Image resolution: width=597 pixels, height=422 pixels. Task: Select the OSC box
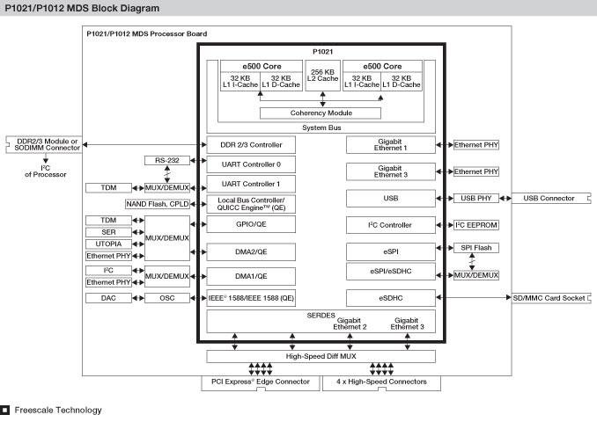pos(166,298)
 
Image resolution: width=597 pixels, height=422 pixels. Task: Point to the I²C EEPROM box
pos(476,226)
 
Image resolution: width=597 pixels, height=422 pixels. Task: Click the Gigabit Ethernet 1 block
pos(390,144)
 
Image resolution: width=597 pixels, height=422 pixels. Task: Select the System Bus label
pos(321,127)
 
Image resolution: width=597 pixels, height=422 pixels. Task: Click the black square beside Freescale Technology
pos(5,410)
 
